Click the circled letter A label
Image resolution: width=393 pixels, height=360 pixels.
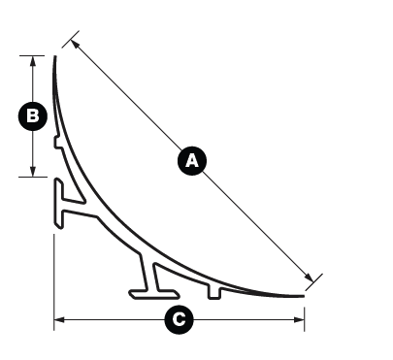click(x=192, y=161)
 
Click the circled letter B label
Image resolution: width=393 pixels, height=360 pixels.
click(x=33, y=116)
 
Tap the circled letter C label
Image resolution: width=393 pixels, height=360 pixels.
click(x=179, y=319)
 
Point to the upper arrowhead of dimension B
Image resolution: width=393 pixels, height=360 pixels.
click(x=33, y=61)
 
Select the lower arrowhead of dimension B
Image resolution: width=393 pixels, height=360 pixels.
click(x=33, y=172)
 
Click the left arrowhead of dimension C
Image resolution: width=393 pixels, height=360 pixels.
click(x=59, y=320)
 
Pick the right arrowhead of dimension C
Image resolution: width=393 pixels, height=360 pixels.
click(x=299, y=320)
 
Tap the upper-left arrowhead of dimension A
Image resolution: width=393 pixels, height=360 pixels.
click(x=75, y=45)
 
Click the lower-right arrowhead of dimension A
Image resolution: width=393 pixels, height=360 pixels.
click(x=309, y=278)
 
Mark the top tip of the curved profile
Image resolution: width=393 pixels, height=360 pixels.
click(x=55, y=56)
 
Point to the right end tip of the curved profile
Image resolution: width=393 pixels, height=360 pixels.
click(x=303, y=296)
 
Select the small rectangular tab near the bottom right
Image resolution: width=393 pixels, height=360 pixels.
click(x=214, y=292)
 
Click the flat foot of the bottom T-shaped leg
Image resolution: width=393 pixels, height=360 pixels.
click(x=154, y=294)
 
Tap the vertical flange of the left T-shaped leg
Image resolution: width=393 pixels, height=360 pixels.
click(x=58, y=204)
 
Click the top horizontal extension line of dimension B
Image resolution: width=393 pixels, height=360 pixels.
click(x=32, y=55)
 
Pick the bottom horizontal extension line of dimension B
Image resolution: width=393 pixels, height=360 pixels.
click(x=33, y=177)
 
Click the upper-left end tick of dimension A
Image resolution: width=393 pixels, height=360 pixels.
click(x=71, y=40)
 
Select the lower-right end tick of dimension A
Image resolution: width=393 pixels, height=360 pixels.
click(x=313, y=282)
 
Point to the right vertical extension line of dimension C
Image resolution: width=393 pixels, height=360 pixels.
click(x=305, y=319)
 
